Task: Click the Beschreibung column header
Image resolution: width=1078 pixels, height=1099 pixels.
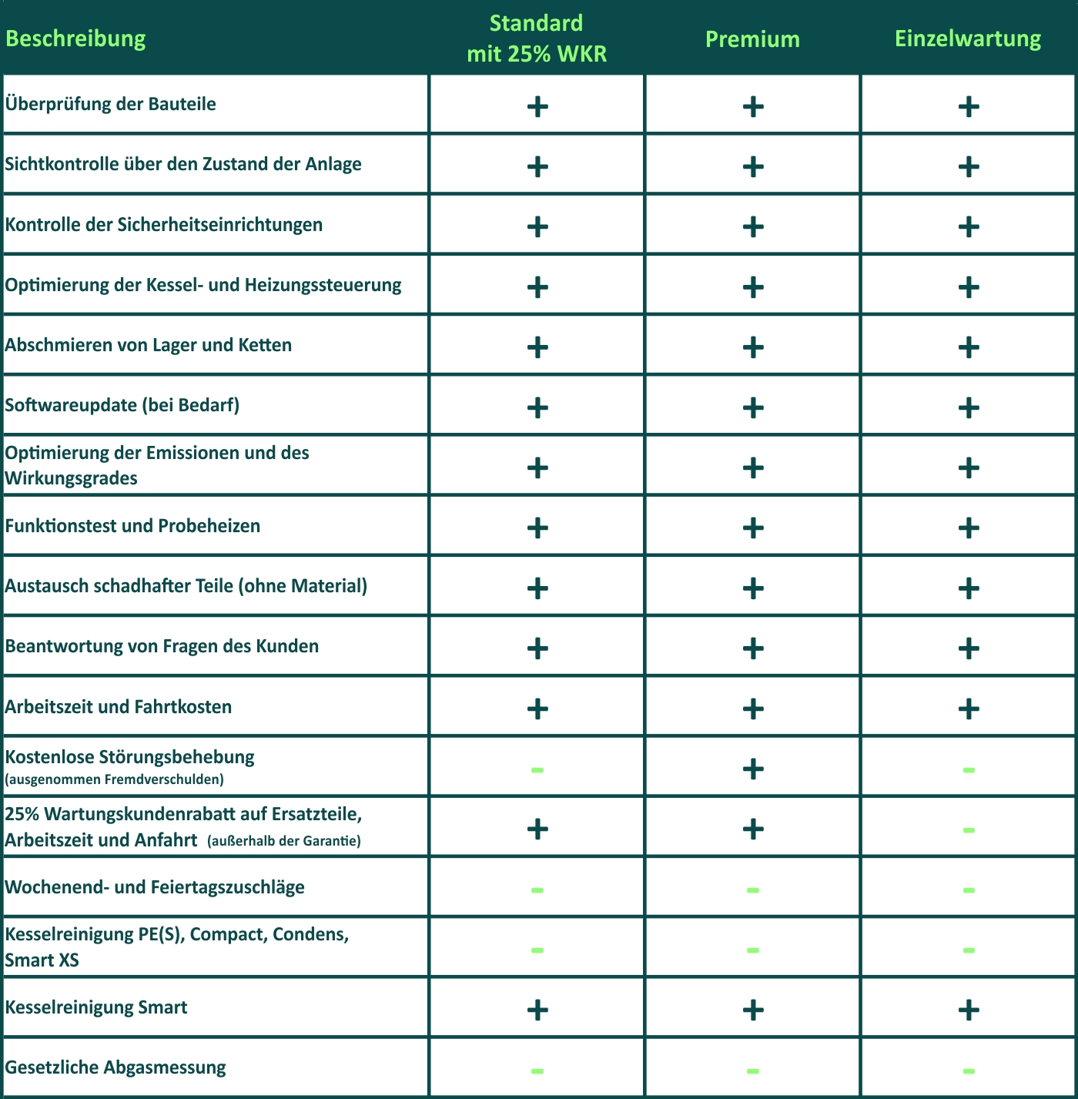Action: click(75, 39)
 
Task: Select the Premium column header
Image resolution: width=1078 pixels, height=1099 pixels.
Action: click(752, 39)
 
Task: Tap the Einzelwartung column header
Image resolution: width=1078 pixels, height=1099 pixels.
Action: click(968, 39)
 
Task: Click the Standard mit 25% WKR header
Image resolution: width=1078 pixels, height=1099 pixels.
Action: click(537, 39)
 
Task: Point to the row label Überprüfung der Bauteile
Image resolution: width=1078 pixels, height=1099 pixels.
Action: click(111, 104)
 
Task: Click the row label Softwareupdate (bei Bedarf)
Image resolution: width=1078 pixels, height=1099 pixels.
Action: click(122, 405)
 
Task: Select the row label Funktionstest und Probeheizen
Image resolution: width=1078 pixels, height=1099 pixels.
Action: click(132, 526)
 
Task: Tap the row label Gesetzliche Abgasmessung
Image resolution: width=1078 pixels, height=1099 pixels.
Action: click(115, 1067)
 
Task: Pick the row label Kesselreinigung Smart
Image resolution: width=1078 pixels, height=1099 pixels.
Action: click(96, 1007)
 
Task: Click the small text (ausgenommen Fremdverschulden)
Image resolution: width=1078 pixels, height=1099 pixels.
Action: click(114, 779)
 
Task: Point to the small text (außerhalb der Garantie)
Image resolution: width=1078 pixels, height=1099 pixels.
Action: click(284, 841)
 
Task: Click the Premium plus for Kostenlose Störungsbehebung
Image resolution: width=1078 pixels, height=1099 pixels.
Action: click(753, 769)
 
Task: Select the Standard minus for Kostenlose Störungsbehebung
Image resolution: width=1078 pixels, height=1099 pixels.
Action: click(537, 769)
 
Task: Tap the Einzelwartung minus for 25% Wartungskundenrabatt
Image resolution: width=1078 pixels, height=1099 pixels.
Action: click(969, 830)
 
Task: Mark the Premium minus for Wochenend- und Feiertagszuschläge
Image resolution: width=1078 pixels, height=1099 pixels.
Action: click(753, 890)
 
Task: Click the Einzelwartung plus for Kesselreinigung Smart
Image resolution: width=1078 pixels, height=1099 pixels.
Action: click(969, 1010)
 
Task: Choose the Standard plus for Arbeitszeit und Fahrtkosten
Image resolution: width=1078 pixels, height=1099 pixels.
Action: click(537, 709)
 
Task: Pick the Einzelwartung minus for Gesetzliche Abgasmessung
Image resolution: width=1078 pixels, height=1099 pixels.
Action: click(969, 1071)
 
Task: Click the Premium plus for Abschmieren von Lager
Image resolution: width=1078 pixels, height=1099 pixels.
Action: click(753, 347)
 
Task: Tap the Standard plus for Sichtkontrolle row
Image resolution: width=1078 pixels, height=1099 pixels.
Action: click(537, 166)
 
